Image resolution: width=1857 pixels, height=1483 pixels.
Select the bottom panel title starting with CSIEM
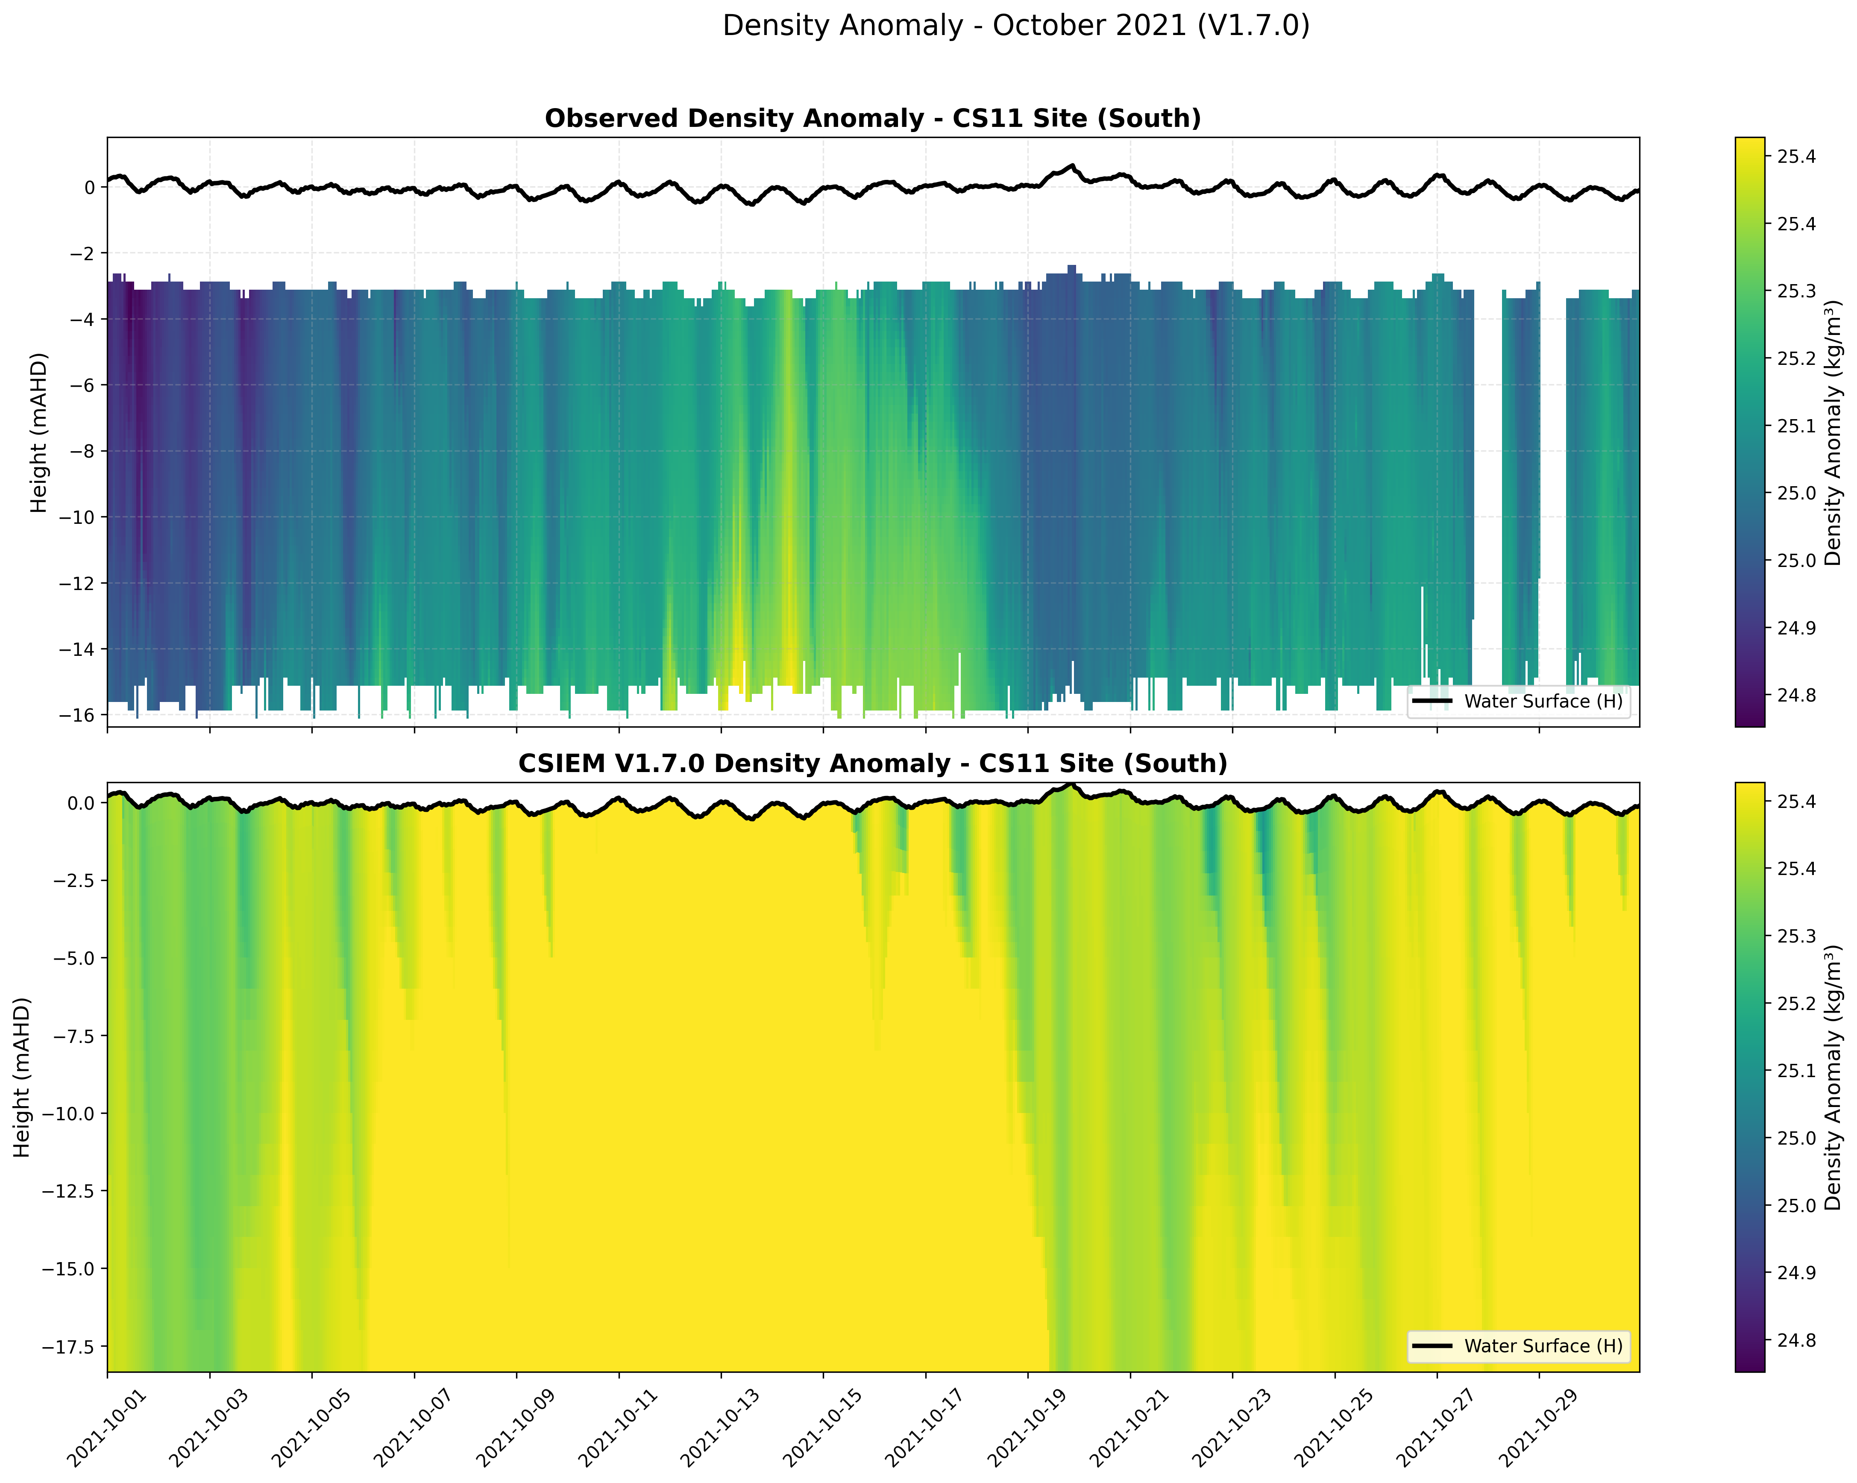872,764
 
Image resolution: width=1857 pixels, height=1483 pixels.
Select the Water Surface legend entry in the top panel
1542,702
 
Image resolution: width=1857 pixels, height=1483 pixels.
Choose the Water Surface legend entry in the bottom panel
1542,1346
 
